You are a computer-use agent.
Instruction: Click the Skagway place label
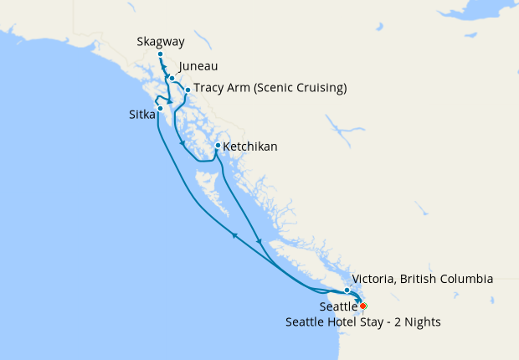161,42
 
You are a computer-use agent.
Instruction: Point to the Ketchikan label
250,147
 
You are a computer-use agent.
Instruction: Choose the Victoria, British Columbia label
423,279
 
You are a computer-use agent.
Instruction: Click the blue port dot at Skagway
160,55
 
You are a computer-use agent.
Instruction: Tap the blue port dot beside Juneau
172,78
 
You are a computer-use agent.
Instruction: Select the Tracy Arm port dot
187,90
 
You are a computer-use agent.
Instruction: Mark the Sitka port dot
160,108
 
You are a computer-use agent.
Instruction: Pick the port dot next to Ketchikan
218,146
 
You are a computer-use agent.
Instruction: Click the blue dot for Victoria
347,291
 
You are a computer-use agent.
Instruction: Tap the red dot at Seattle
362,306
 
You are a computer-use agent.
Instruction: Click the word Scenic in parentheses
269,88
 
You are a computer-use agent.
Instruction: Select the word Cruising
318,88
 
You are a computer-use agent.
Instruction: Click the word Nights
421,321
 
